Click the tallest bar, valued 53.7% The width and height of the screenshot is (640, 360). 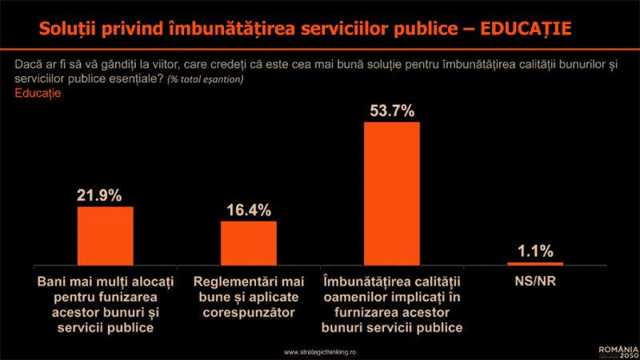coord(392,193)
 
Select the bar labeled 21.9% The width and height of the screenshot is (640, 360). coord(105,235)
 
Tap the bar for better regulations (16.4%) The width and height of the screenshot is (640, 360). coord(248,242)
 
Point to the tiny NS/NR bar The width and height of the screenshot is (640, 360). coord(535,263)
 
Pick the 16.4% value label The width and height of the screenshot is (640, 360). coord(248,210)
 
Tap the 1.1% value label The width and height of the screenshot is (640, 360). coord(535,251)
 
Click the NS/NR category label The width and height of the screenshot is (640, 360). coord(535,282)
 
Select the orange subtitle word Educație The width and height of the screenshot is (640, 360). coord(38,93)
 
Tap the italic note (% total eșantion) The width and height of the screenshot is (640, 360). coord(206,80)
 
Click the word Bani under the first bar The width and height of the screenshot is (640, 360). coord(54,282)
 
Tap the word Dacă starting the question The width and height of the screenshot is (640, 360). coord(29,65)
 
